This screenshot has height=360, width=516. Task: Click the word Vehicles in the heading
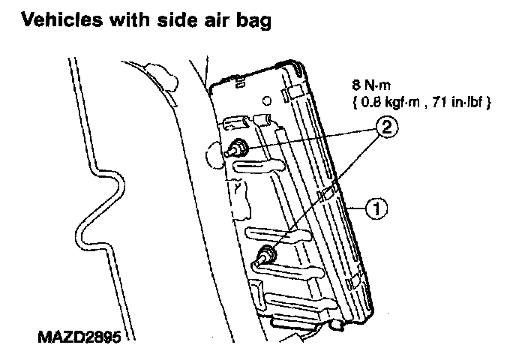[x=54, y=22]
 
